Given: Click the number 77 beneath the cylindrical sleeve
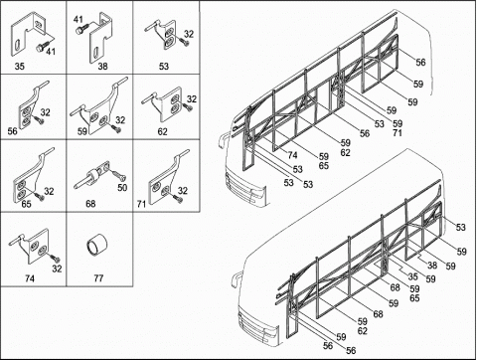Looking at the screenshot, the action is point(98,277).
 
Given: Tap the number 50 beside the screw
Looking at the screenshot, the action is point(122,188).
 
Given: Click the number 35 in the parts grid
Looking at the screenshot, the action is point(20,67).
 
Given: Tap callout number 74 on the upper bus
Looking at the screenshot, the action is point(292,155).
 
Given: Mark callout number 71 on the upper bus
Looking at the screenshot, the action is point(397,133).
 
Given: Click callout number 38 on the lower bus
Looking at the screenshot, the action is point(432,266).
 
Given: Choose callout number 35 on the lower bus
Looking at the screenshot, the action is point(412,276).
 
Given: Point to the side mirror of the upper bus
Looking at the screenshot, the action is point(222,141).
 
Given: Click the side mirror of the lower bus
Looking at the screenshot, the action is point(236,279).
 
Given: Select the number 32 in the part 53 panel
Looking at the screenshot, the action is point(189,34).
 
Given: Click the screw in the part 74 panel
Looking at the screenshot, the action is point(55,258).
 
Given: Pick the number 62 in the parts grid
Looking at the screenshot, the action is point(162,132).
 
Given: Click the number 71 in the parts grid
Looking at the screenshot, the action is point(141,204).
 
